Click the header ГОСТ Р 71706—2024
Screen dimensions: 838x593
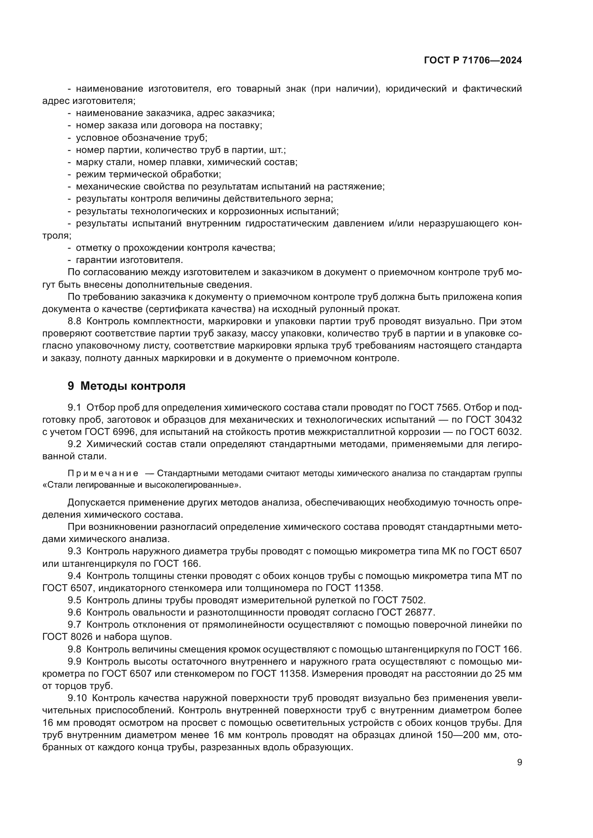[x=473, y=61]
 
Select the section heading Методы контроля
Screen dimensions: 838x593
[x=133, y=386]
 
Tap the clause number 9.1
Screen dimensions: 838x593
[x=75, y=407]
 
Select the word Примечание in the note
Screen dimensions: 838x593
[x=103, y=474]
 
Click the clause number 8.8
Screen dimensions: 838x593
[x=75, y=321]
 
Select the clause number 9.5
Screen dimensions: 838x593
[x=75, y=600]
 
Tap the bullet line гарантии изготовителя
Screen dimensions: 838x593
[x=129, y=260]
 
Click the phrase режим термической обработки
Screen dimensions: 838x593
[x=148, y=174]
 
